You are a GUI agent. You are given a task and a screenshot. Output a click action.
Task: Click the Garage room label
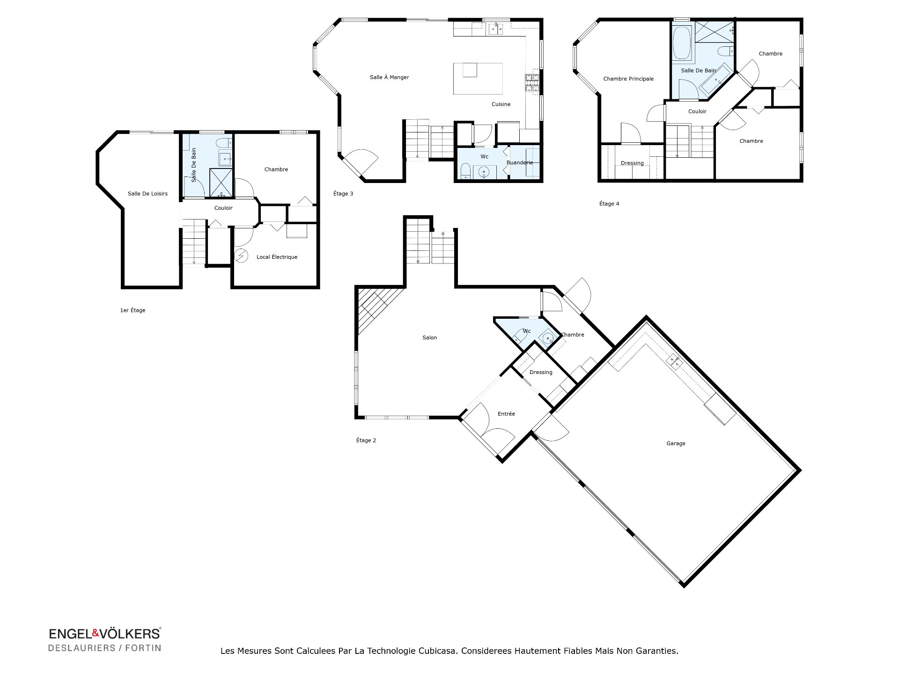tap(676, 443)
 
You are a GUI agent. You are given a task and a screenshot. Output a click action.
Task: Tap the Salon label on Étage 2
tap(429, 337)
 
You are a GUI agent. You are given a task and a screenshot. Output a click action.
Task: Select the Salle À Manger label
tap(389, 77)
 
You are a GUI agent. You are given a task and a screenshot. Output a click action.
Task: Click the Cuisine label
tap(501, 104)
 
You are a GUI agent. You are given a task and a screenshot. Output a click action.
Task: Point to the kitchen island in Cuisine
tap(478, 79)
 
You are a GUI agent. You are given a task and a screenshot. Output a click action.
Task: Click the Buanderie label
tap(519, 163)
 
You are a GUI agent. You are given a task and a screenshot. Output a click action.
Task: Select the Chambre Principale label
tap(628, 79)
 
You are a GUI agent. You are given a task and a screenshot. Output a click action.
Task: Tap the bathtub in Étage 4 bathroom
tap(681, 43)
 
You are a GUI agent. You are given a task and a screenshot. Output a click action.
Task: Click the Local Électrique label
tap(277, 257)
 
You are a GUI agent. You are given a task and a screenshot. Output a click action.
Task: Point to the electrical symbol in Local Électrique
tap(241, 256)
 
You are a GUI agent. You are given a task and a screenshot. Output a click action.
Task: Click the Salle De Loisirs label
tap(147, 193)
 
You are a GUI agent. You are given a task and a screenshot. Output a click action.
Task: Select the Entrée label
tap(506, 414)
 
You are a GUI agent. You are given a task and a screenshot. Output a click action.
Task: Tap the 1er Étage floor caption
tap(133, 310)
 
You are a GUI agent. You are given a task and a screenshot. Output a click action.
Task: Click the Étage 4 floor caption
tap(609, 204)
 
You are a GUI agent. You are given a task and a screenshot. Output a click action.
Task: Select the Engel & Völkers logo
tap(105, 639)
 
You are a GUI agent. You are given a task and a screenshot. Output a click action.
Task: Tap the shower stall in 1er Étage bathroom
tap(221, 182)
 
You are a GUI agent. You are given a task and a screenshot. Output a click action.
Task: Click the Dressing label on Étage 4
tap(632, 163)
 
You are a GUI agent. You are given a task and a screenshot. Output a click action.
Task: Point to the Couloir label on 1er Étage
tap(223, 208)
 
